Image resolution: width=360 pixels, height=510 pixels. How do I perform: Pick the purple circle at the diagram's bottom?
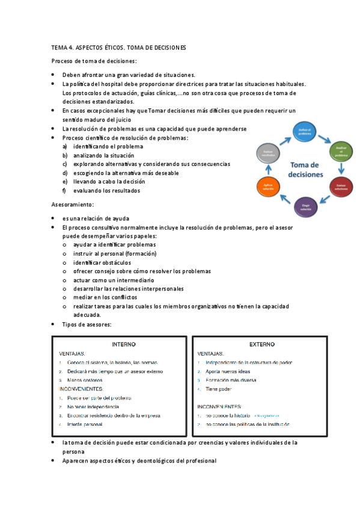(305, 206)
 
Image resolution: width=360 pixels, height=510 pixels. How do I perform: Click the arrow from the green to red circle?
(341, 169)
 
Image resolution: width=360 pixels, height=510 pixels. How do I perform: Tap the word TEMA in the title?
(59, 48)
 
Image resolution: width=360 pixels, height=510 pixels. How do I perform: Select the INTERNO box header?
(124, 345)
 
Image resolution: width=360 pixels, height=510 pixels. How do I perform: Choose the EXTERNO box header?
(261, 345)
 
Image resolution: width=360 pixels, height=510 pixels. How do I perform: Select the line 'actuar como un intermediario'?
(114, 280)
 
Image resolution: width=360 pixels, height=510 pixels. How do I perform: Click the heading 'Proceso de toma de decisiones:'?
(94, 61)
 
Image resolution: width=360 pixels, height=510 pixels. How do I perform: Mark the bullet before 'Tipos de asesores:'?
(53, 325)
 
